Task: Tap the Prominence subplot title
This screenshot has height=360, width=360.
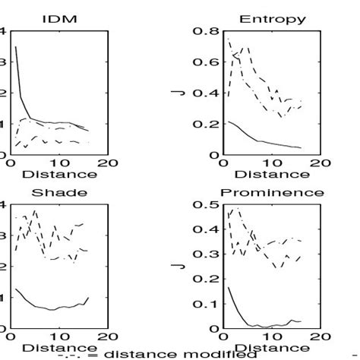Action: point(271,192)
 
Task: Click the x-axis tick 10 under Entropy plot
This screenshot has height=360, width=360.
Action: point(271,163)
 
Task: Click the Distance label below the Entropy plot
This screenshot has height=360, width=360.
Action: point(271,175)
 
